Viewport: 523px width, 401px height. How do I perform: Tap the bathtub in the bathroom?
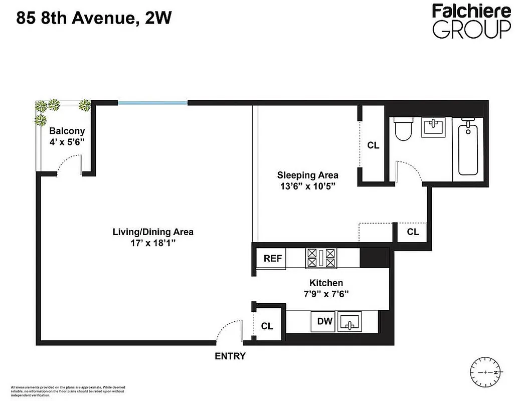click(467, 148)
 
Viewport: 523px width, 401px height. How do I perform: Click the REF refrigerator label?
click(273, 259)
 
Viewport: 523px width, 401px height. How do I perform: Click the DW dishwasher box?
click(325, 321)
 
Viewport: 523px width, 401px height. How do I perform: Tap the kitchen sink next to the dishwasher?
click(350, 321)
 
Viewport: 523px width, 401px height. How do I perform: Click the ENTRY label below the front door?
click(230, 356)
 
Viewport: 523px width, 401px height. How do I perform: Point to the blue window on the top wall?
click(152, 103)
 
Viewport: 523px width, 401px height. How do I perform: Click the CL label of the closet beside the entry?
click(267, 326)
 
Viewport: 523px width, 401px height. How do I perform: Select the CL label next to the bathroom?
click(373, 146)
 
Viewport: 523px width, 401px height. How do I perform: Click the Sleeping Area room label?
click(307, 175)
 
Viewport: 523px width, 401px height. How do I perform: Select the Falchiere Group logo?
click(471, 21)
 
